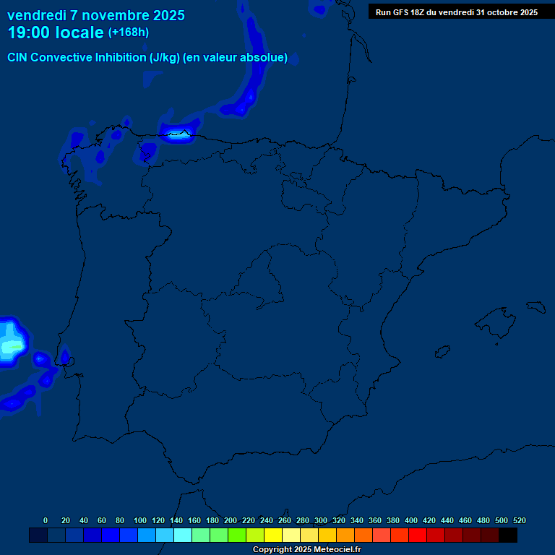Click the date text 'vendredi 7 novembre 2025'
point(96,15)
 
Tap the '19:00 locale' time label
point(56,33)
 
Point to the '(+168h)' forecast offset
point(129,33)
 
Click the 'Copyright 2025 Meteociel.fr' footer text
point(306,549)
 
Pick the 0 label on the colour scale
point(46,520)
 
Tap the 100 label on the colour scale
point(140,520)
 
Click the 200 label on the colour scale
point(231,520)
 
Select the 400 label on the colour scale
point(411,520)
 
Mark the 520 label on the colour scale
point(520,520)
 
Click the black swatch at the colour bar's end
point(508,535)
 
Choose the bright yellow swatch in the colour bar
point(273,535)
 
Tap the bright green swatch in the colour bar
point(237,535)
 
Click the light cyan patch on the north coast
point(178,133)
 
